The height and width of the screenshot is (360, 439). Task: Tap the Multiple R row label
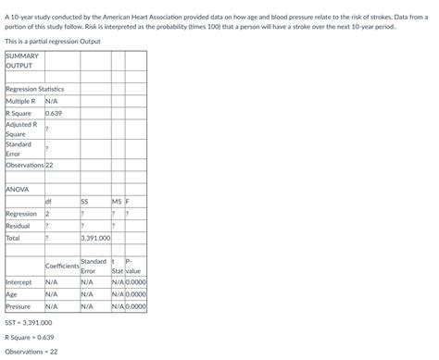[x=21, y=100]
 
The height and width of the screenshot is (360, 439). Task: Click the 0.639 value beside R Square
[x=54, y=113]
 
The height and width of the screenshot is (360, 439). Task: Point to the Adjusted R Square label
[x=21, y=129]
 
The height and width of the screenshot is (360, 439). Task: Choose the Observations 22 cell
[x=31, y=165]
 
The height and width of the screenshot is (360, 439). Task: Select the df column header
[x=48, y=201]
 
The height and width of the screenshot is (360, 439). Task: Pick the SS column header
[x=85, y=201]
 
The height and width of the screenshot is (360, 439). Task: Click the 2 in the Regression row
[x=47, y=214]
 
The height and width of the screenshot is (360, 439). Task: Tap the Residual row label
[x=18, y=226]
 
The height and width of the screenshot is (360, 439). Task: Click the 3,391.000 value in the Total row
[x=95, y=238]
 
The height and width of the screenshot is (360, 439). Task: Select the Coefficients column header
[x=62, y=267]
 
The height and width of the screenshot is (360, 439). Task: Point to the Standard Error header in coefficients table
[x=94, y=267]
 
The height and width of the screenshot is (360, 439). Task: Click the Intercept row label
[x=19, y=282]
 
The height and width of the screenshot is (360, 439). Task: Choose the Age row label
[x=12, y=294]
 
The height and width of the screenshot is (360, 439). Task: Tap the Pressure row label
[x=18, y=306]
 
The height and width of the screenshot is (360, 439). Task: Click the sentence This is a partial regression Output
[x=55, y=43]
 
